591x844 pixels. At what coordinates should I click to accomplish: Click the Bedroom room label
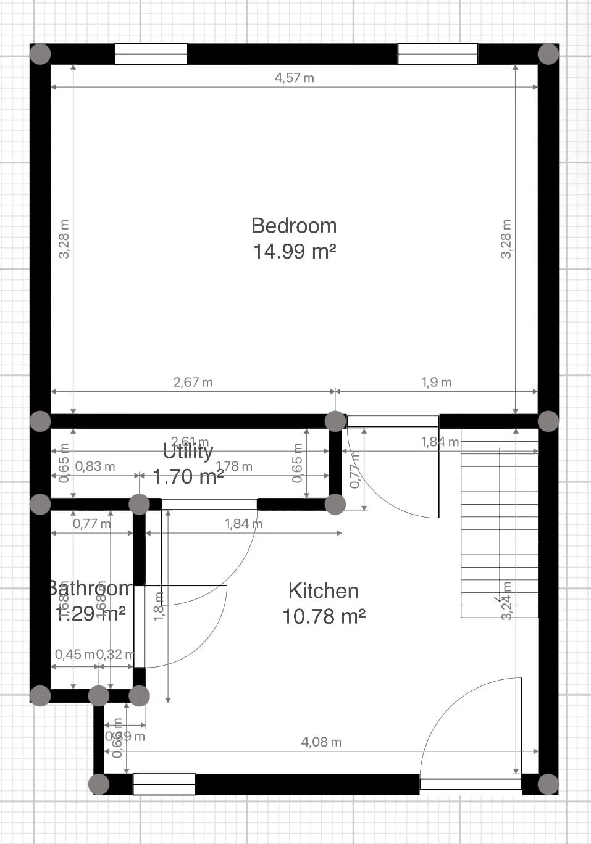294,226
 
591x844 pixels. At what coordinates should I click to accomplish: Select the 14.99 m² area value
294,252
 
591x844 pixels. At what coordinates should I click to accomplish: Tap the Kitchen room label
323,591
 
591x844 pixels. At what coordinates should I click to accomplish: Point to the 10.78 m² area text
323,616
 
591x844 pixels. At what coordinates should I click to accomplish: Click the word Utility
188,452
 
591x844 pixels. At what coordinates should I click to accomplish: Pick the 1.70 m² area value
188,477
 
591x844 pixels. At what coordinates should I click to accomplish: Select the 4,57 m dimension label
294,78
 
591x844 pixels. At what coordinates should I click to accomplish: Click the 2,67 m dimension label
193,383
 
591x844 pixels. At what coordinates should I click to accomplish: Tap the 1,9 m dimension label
436,383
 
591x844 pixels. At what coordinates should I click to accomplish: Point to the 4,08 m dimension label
321,742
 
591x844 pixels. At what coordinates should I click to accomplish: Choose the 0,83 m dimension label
95,466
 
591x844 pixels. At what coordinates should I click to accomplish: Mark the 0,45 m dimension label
74,655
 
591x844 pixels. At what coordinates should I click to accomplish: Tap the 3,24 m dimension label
507,600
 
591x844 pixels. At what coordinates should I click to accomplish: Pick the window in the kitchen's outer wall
164,784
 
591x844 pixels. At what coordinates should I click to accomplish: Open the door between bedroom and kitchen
393,422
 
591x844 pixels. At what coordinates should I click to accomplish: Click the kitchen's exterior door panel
471,784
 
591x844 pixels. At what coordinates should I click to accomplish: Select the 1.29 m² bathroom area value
91,613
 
